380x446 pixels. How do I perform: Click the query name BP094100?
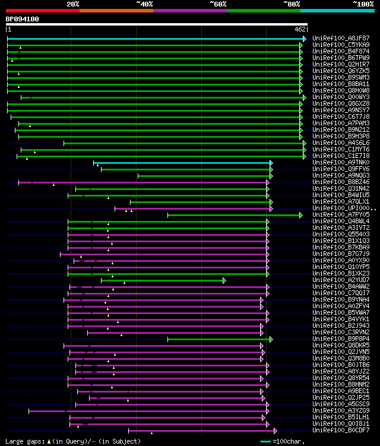23,19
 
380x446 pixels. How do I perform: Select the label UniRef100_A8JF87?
341,39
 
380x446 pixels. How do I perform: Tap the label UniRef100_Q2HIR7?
341,65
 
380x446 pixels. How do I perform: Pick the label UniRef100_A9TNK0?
341,163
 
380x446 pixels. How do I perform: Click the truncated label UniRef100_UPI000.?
344,208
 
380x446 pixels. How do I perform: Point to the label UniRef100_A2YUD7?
341,280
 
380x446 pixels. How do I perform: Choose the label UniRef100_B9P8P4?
341,339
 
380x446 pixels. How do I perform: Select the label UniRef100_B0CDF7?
341,431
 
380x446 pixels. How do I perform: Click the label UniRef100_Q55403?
341,235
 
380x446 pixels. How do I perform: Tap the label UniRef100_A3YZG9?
341,411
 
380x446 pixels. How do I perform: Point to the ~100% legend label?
363,4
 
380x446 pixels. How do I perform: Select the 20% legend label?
73,4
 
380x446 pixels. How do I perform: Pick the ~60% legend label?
218,4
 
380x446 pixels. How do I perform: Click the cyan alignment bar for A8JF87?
154,39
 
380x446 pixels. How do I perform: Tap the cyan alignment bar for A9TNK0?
181,163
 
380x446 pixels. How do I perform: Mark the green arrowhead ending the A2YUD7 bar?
224,280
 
